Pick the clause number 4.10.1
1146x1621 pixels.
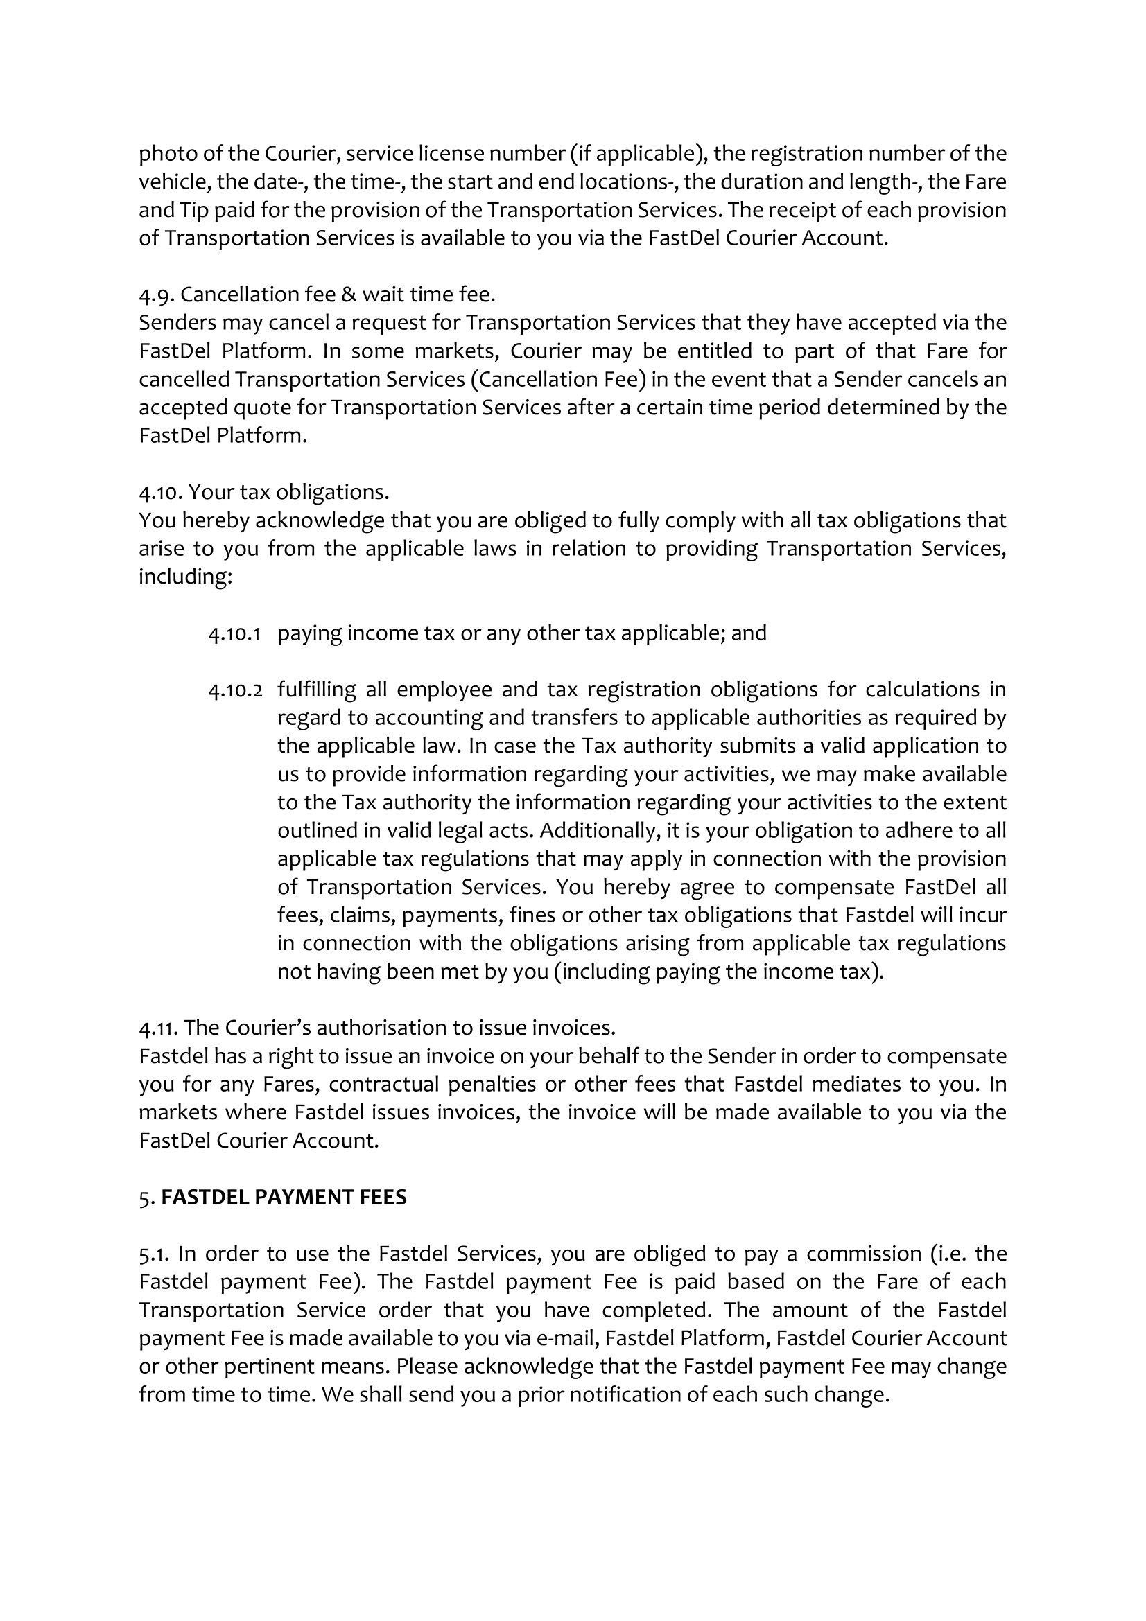coord(234,633)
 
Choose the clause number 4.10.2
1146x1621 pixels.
coord(234,690)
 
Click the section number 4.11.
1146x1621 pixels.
coord(157,1028)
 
